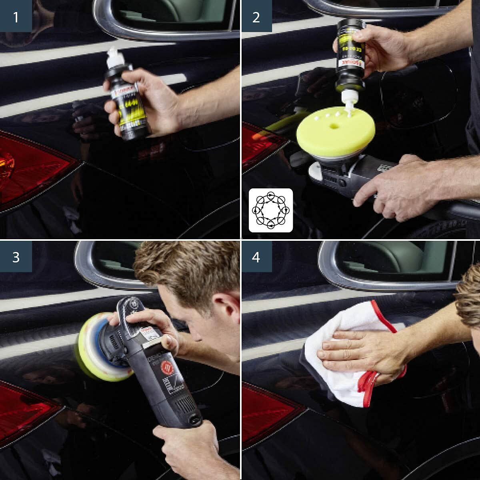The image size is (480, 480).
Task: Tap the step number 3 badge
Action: point(16,256)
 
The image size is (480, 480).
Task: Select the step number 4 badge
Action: point(256,256)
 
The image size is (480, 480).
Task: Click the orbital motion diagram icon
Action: point(271,210)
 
